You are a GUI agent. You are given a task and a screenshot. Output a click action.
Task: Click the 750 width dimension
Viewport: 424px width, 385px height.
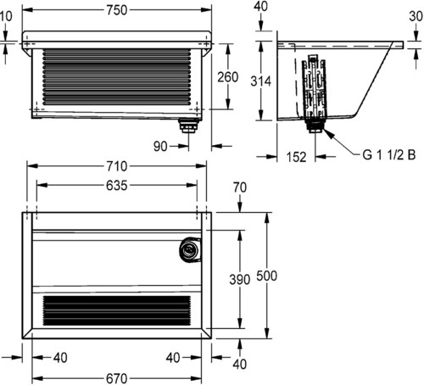pos(117,10)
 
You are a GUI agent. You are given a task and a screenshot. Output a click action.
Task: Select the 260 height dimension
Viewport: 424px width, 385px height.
pos(228,77)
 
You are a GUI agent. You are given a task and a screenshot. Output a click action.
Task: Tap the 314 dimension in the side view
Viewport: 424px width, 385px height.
pos(260,81)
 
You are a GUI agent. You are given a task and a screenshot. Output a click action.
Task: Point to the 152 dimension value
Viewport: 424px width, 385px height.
pos(296,157)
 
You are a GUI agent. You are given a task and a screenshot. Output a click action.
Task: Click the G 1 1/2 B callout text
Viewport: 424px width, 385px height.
pos(389,155)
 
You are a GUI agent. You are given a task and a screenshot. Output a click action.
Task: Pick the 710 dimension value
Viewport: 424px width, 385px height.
pos(117,166)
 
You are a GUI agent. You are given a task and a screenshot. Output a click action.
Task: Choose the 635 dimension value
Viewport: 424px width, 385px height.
pos(117,186)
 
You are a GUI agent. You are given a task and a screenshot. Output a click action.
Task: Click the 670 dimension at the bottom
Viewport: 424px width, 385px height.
pos(117,378)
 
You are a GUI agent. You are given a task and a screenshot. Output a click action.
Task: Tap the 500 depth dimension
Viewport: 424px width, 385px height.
pos(267,276)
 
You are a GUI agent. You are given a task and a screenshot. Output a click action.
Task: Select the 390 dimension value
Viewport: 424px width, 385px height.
pos(240,280)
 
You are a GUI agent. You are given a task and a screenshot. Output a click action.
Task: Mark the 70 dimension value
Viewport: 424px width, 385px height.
pos(240,187)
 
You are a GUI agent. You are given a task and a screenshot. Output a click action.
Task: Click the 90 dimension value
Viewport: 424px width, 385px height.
pos(160,147)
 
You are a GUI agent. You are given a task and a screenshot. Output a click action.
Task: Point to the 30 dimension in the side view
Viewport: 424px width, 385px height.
pos(416,16)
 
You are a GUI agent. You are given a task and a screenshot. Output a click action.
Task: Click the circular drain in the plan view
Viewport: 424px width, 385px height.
pos(190,250)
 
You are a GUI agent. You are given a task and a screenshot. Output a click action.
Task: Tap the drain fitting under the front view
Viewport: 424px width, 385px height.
pos(189,126)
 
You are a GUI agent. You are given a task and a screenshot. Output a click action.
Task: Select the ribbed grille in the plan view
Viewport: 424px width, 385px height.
pos(117,310)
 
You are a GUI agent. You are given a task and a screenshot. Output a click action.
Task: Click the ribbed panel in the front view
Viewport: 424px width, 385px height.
pos(117,77)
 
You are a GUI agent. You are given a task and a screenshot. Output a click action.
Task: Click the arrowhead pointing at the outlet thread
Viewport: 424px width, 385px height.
pos(328,133)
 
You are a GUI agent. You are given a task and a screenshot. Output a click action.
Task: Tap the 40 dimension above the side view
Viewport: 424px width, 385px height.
pos(260,6)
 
